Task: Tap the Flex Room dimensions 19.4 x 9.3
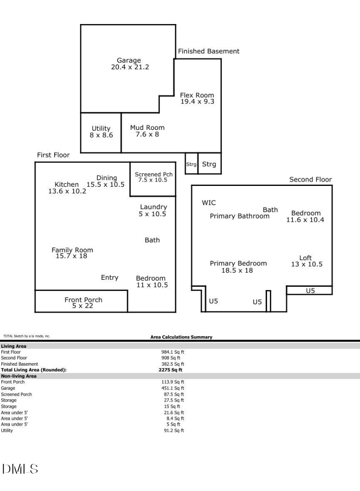(197, 102)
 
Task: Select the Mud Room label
(147, 128)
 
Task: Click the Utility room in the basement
(101, 132)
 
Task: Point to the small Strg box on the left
(191, 164)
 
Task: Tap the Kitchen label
(67, 185)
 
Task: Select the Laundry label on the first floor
(153, 207)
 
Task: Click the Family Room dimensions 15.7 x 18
(72, 256)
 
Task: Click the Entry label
(110, 278)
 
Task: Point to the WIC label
(209, 203)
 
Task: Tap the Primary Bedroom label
(238, 263)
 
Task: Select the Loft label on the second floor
(306, 258)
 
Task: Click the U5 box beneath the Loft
(310, 290)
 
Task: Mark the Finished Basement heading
(208, 51)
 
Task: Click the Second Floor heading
(310, 180)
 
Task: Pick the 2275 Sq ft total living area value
(171, 370)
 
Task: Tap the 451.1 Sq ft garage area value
(172, 388)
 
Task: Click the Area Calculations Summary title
(181, 337)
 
